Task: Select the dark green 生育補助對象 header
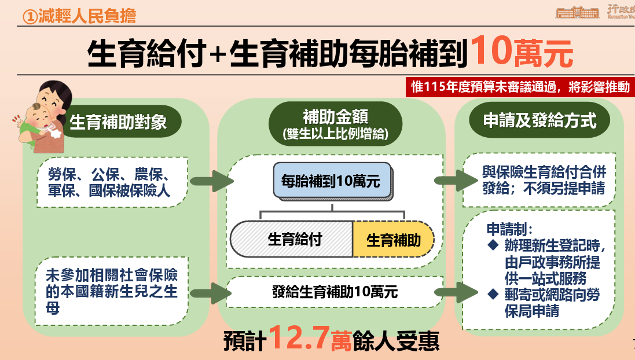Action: click(x=119, y=122)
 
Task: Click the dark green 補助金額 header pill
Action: click(x=331, y=122)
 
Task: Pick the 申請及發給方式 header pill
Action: click(x=539, y=121)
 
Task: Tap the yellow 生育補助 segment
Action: click(x=394, y=240)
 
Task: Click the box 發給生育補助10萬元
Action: click(x=335, y=292)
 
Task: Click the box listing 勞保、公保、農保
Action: click(x=112, y=182)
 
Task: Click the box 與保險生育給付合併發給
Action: click(x=539, y=180)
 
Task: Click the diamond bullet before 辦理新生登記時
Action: click(x=493, y=244)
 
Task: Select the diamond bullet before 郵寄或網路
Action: click(x=493, y=295)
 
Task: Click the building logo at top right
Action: click(x=577, y=12)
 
